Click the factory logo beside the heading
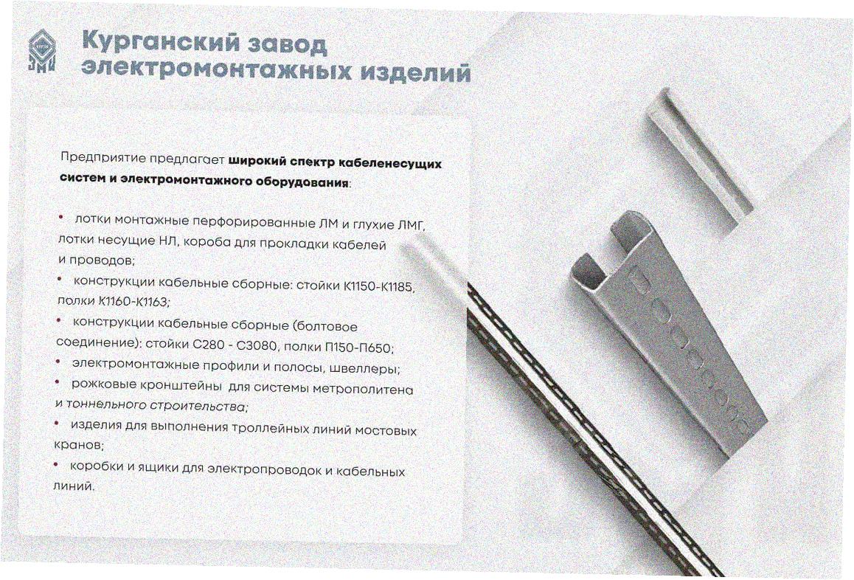click(x=43, y=51)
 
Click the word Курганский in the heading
click(x=157, y=43)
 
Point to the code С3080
click(x=258, y=346)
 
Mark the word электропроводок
click(x=264, y=469)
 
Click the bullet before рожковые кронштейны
click(x=57, y=382)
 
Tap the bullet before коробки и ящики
click(x=55, y=464)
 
